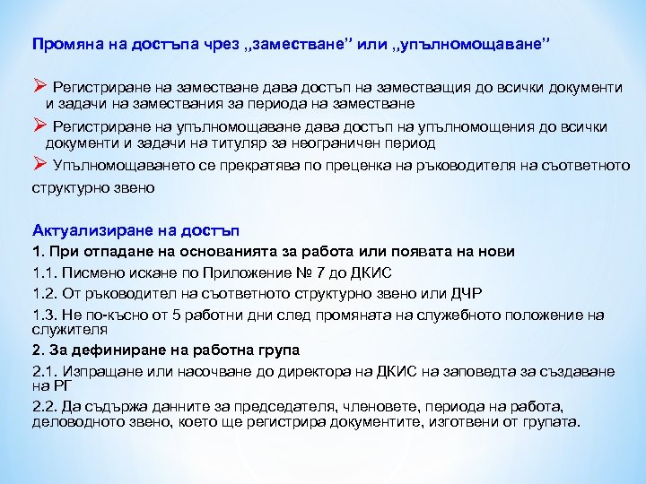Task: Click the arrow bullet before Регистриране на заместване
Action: click(x=39, y=87)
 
